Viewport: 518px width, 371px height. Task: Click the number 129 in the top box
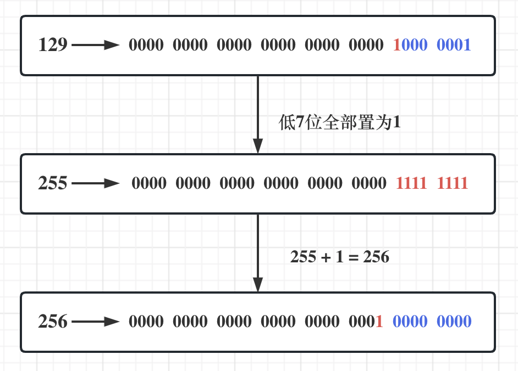(53, 45)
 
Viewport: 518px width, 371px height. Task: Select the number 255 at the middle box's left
(53, 183)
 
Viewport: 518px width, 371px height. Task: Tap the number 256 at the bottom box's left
(53, 322)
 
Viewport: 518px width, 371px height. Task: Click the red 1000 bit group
(410, 45)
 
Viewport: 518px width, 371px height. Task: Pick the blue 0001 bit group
(454, 45)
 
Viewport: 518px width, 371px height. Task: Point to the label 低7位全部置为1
(340, 123)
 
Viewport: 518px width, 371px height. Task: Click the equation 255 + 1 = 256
(340, 256)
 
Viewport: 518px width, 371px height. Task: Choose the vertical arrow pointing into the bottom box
(257, 252)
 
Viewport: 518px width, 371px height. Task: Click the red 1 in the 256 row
(379, 322)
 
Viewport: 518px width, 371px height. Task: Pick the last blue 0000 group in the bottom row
(454, 322)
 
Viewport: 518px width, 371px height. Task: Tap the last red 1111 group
(453, 183)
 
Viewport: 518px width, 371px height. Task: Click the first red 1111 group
(411, 183)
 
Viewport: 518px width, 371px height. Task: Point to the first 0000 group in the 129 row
(146, 45)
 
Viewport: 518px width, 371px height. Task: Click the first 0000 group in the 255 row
(149, 183)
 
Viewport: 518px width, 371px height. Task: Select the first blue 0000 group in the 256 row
(410, 322)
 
